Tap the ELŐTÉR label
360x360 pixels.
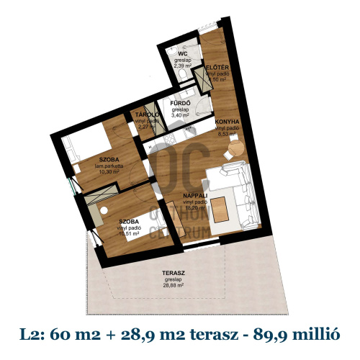(x=217, y=68)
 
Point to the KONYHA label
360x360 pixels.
(x=225, y=122)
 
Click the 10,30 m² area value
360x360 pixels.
(x=110, y=172)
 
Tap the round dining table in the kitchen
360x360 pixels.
(x=235, y=147)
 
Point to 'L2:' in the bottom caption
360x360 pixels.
(x=32, y=333)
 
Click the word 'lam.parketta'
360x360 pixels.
(x=110, y=166)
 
